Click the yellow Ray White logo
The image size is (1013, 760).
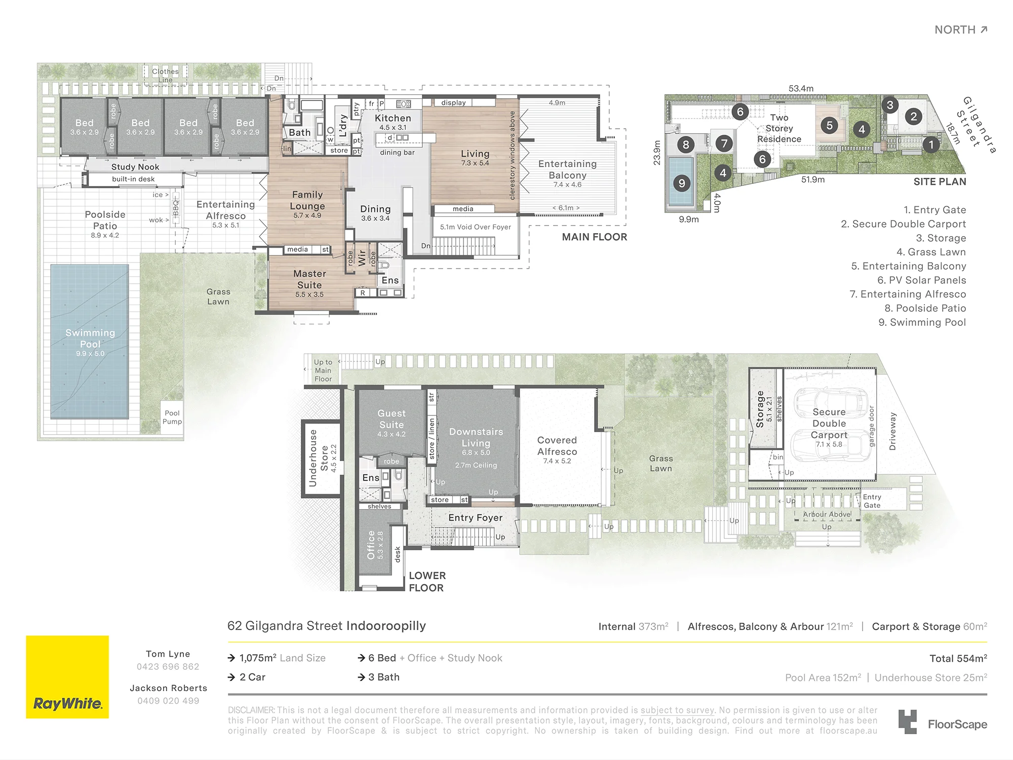point(67,677)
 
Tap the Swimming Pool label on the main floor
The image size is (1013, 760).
point(90,338)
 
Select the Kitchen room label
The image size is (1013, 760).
point(393,118)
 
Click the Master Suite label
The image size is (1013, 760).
point(309,279)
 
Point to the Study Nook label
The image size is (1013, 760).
point(135,167)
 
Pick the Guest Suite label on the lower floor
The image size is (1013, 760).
point(392,419)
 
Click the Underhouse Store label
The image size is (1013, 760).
point(319,458)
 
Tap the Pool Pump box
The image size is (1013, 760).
point(172,417)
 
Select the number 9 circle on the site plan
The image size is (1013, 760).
point(682,183)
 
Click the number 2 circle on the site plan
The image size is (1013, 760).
point(914,117)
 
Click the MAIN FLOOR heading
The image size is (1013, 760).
point(595,237)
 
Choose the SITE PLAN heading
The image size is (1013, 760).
point(940,182)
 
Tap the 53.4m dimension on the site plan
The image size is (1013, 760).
point(801,89)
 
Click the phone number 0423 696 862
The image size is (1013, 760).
point(168,667)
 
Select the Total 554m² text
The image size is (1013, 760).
point(958,658)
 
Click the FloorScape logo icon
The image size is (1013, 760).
point(908,722)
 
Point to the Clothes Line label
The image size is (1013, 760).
point(165,75)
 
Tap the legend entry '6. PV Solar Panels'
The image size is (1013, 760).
point(921,280)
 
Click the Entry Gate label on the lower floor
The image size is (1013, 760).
point(872,501)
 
